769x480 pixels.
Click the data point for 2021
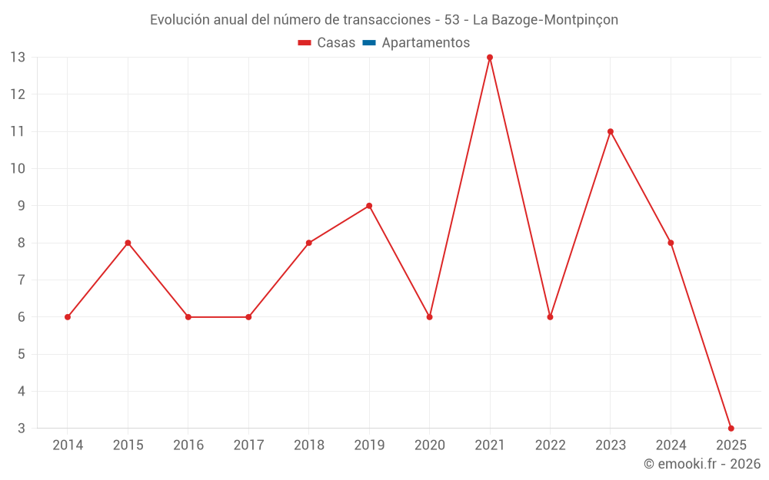point(490,58)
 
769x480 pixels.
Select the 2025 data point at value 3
point(731,428)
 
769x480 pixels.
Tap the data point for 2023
point(611,131)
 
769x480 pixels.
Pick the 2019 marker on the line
point(369,206)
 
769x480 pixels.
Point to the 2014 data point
point(68,317)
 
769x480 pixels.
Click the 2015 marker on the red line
point(128,243)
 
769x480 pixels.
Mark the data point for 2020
point(429,317)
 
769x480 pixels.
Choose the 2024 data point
point(671,243)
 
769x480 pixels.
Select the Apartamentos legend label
point(425,43)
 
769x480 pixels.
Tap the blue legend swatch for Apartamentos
point(368,43)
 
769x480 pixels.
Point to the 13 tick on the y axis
point(18,58)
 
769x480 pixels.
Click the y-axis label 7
point(22,280)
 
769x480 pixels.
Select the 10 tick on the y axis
point(18,169)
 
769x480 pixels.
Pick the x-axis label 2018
point(308,445)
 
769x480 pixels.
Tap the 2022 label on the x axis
point(550,445)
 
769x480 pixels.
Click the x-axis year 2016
point(188,445)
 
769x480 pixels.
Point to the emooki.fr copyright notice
point(702,464)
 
